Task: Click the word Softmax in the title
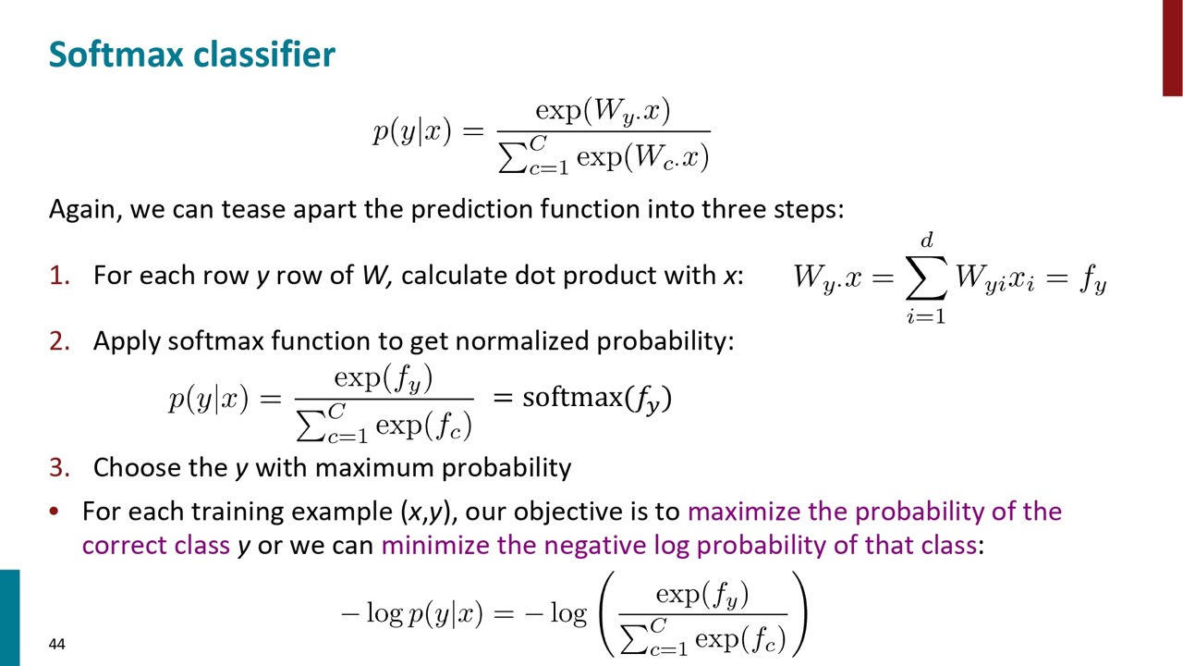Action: click(116, 54)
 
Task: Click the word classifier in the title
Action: click(264, 54)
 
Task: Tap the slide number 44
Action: click(57, 644)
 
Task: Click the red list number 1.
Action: click(59, 276)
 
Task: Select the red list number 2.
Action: click(59, 341)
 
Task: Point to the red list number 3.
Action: click(59, 468)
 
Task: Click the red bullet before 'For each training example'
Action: click(54, 512)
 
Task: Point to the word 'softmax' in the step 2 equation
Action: click(572, 397)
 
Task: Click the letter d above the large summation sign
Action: click(927, 240)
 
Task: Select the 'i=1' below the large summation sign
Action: click(926, 316)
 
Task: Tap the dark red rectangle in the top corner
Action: click(1173, 47)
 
